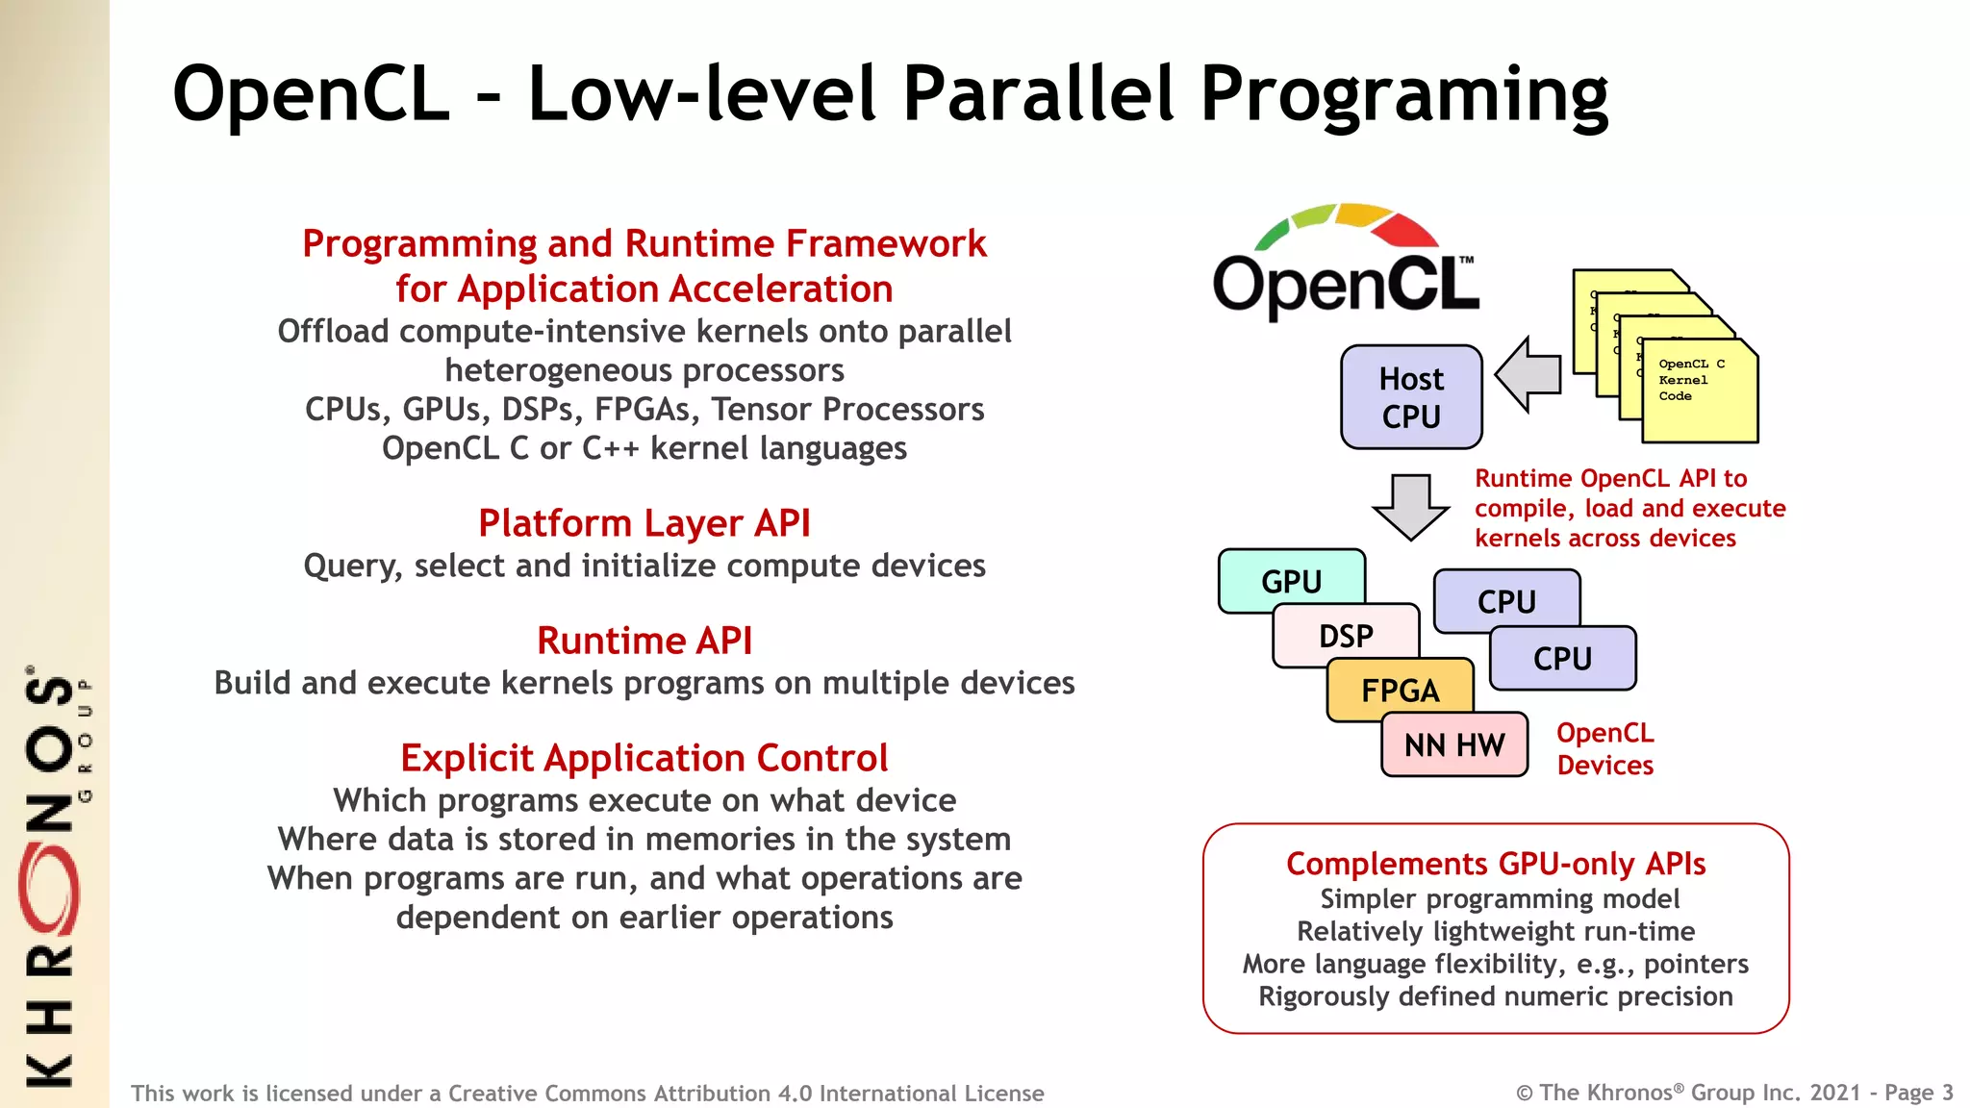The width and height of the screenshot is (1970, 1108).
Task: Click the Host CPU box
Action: (1410, 397)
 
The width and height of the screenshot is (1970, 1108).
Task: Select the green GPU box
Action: (1291, 581)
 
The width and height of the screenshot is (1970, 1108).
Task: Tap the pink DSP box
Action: (1345, 636)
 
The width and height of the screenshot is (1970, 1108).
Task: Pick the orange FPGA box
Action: (1400, 691)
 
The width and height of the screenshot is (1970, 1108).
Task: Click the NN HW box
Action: (1453, 744)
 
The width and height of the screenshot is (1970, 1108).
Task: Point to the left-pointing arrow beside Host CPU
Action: (1529, 374)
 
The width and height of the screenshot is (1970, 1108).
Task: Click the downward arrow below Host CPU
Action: (1410, 506)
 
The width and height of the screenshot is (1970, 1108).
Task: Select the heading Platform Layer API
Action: (644, 523)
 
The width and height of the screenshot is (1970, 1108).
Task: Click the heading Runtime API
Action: (644, 641)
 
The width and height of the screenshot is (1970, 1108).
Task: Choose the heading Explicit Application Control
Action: (644, 758)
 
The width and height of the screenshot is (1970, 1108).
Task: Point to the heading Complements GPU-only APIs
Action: (1496, 864)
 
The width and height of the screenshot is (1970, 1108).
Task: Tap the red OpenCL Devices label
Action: (1604, 749)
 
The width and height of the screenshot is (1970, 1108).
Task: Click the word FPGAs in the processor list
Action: (647, 410)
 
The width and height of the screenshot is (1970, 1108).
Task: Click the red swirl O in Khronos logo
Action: (48, 890)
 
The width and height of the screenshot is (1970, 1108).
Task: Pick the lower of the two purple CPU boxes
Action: (1562, 659)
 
